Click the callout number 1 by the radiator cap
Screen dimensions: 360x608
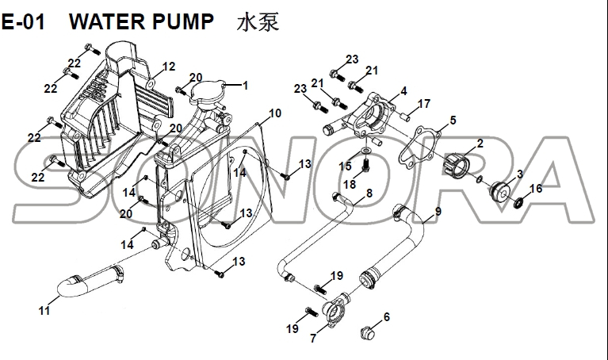tap(246, 85)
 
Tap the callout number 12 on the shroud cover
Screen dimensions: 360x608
tap(168, 66)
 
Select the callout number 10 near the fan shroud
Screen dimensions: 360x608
tap(274, 113)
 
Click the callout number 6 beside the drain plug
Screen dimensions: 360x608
tap(387, 317)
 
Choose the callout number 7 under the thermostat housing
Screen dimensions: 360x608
tap(314, 339)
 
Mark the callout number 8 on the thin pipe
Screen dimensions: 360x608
tap(369, 193)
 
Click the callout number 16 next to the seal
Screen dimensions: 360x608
tap(536, 188)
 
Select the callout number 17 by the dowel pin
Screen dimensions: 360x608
tap(424, 104)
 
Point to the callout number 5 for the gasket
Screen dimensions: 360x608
tap(453, 120)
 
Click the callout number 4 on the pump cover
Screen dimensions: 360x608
tap(403, 91)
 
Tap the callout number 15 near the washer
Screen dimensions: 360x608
tap(345, 166)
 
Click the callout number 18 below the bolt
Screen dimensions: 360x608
tap(350, 184)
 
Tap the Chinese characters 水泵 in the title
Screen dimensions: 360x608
tap(258, 21)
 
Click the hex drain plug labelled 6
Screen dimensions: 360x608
tap(367, 331)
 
